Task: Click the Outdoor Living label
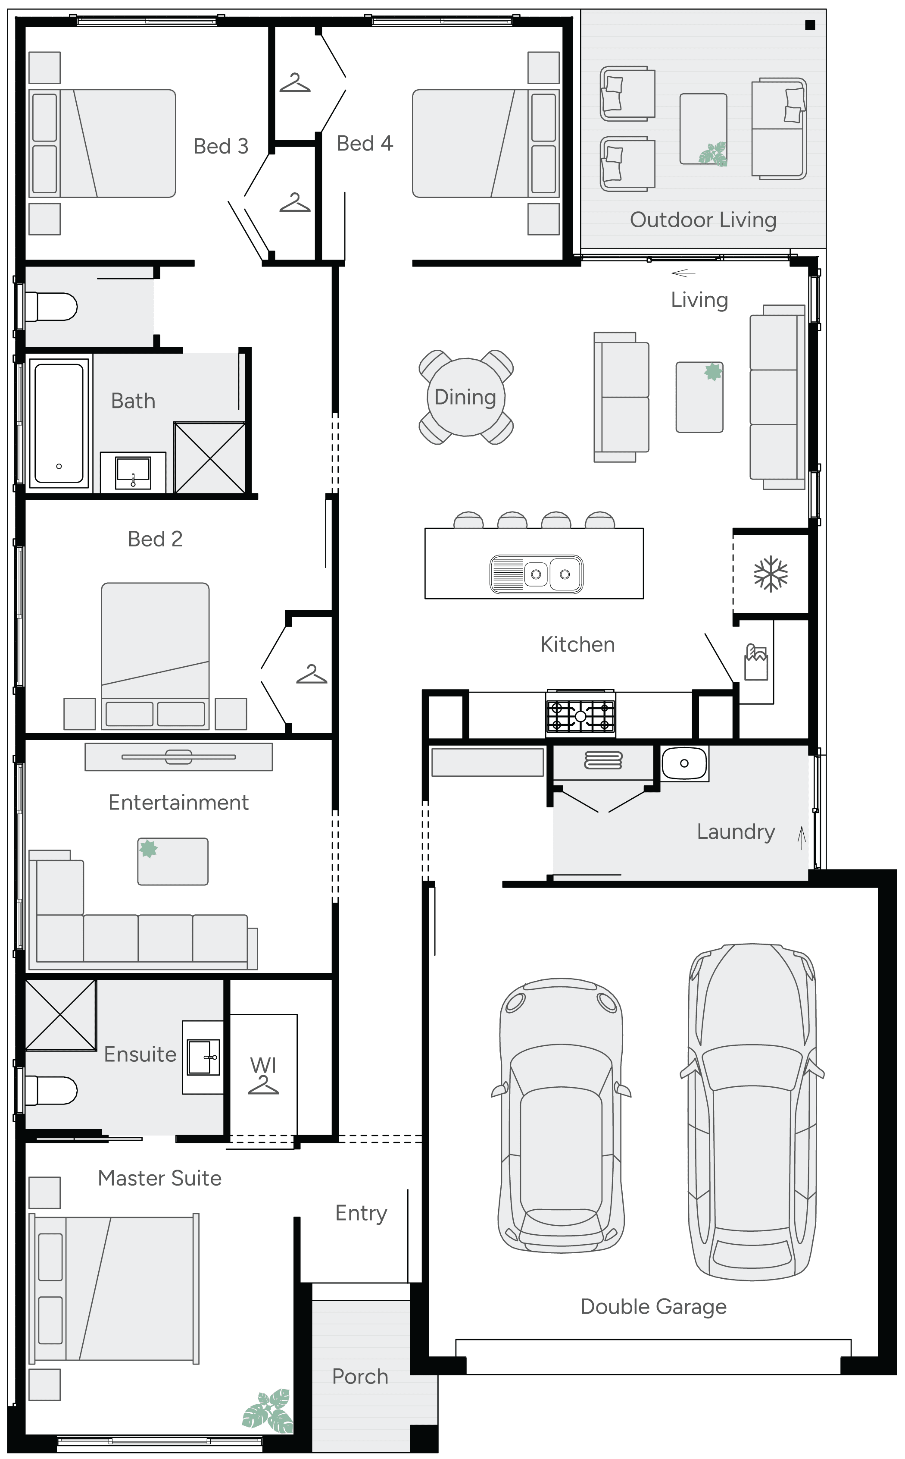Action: coord(703,220)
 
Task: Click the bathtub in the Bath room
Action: coord(59,423)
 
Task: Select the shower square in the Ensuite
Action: coord(60,1015)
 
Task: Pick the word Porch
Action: coord(360,1376)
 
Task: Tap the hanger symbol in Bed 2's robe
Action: coord(311,675)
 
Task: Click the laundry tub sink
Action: coord(684,763)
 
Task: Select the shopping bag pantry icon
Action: coord(756,662)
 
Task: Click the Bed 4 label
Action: coord(365,143)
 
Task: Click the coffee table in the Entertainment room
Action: coord(173,861)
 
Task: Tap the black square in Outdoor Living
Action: coord(810,25)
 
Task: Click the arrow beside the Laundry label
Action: coord(802,837)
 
